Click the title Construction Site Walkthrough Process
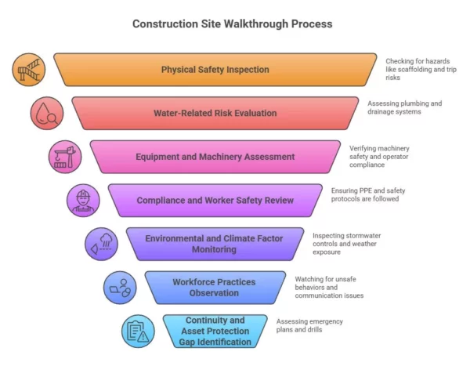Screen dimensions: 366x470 [232, 24]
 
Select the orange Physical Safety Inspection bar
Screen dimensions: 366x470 [215, 70]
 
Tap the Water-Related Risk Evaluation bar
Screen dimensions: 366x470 [215, 113]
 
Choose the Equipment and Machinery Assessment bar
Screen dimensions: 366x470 [215, 157]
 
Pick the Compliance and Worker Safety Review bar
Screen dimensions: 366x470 [215, 201]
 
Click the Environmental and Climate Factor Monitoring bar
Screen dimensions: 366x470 [215, 244]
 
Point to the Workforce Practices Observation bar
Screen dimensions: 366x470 [215, 287]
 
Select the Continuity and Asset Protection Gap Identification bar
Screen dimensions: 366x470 [215, 331]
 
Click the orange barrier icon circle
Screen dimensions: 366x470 [29, 70]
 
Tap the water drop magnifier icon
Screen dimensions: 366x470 [47, 113]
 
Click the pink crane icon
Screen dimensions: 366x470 [65, 156]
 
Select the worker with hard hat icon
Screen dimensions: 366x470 [83, 201]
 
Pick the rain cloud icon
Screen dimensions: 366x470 [101, 244]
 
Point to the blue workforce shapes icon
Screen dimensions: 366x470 [119, 288]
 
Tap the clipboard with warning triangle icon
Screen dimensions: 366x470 [138, 331]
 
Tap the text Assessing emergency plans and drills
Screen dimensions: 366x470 [309, 326]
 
